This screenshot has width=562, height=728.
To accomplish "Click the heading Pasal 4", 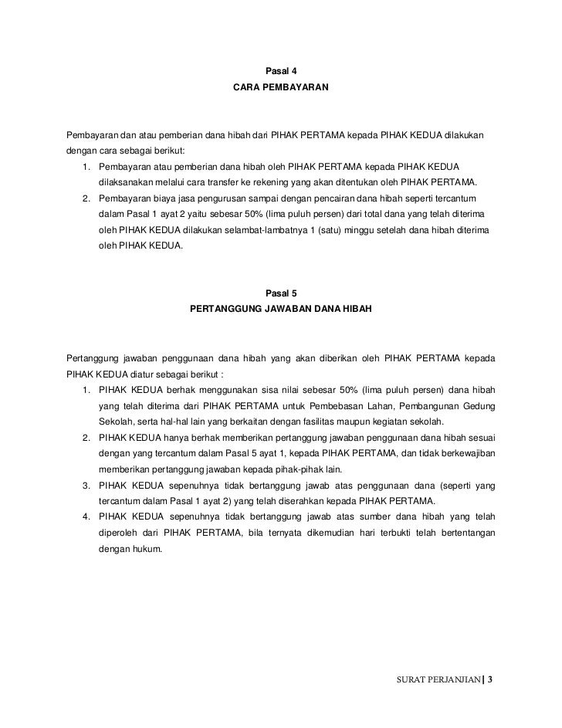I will point(281,72).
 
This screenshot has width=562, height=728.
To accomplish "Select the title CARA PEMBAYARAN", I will point(281,90).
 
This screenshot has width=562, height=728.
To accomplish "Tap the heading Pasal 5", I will point(281,293).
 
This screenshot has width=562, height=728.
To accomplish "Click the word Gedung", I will point(479,406).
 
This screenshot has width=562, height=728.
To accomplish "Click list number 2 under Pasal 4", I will point(86,198).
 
